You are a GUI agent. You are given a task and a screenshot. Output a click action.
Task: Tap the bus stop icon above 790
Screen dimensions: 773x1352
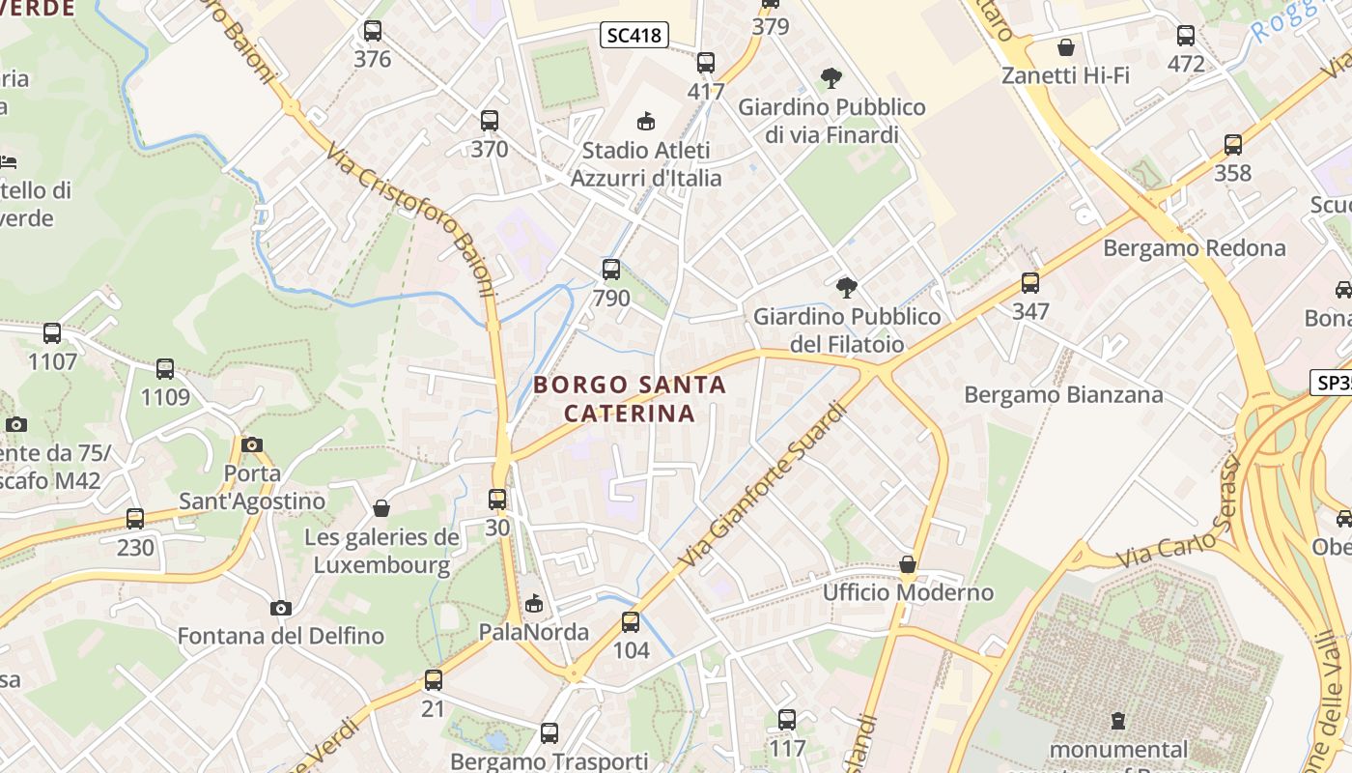click(610, 270)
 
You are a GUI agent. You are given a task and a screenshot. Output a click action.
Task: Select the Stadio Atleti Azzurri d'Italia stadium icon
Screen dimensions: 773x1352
click(645, 121)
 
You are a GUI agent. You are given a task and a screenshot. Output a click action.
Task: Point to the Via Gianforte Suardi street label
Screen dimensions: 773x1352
click(763, 485)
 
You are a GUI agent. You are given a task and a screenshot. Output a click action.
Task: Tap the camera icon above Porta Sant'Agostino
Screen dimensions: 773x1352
click(252, 444)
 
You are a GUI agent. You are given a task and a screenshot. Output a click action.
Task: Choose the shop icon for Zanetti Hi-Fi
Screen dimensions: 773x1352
click(1066, 47)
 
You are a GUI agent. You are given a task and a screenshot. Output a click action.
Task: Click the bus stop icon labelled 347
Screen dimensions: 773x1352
click(1030, 283)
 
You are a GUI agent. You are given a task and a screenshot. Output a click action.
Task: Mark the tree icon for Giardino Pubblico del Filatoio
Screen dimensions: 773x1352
click(847, 287)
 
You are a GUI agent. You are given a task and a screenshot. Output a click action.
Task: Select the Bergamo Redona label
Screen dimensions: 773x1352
click(1195, 248)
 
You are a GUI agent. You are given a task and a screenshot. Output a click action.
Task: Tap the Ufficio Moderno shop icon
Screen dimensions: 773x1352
click(908, 564)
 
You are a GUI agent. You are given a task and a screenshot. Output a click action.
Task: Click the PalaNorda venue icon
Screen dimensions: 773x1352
click(533, 604)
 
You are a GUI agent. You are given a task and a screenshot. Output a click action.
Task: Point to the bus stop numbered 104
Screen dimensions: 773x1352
click(631, 622)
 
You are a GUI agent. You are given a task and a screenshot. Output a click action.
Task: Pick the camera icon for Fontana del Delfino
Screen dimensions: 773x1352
click(281, 608)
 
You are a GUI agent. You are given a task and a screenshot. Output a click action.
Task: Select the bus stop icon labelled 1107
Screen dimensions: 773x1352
click(52, 333)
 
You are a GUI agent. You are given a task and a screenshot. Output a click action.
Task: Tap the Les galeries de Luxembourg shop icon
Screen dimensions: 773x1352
click(381, 508)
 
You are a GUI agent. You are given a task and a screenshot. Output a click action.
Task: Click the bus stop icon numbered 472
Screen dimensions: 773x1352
click(1186, 36)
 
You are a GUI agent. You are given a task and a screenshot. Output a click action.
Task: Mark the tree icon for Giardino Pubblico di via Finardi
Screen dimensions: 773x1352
click(831, 78)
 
